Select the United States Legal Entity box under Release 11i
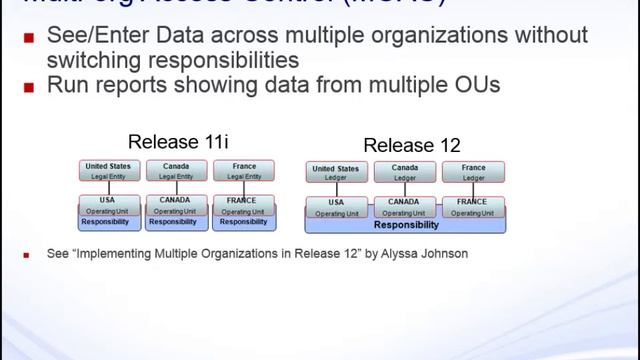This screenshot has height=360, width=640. [108, 170]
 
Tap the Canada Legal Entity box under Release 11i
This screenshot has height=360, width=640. [175, 170]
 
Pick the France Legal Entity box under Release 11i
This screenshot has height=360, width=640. [242, 170]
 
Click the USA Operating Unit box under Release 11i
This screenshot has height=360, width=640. [108, 204]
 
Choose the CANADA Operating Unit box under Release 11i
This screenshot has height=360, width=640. [175, 204]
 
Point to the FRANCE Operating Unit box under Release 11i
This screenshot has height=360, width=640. [242, 204]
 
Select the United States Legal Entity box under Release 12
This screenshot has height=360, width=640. [335, 173]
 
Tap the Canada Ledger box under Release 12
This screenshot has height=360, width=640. [404, 172]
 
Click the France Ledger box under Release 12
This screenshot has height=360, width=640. [473, 172]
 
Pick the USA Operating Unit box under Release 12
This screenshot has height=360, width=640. [335, 206]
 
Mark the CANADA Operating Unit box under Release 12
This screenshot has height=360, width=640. [404, 206]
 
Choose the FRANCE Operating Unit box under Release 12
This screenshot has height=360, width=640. [473, 206]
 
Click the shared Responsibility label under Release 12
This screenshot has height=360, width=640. [404, 225]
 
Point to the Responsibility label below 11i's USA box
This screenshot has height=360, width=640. [108, 222]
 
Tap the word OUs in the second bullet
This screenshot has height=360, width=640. [473, 85]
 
